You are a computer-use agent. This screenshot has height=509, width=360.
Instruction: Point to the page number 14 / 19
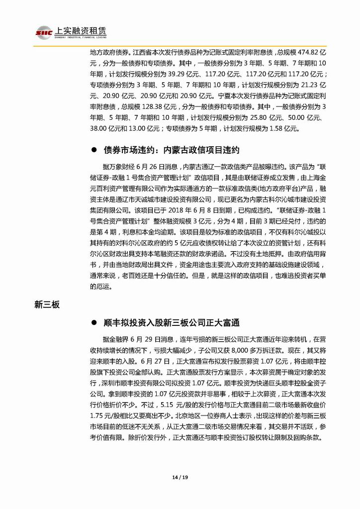click(180, 478)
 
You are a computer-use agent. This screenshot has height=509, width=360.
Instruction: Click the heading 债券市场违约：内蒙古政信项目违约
click(172, 149)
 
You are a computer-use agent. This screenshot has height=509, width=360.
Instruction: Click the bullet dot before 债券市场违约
click(93, 150)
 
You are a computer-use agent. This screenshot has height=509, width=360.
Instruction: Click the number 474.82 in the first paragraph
click(294, 52)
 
